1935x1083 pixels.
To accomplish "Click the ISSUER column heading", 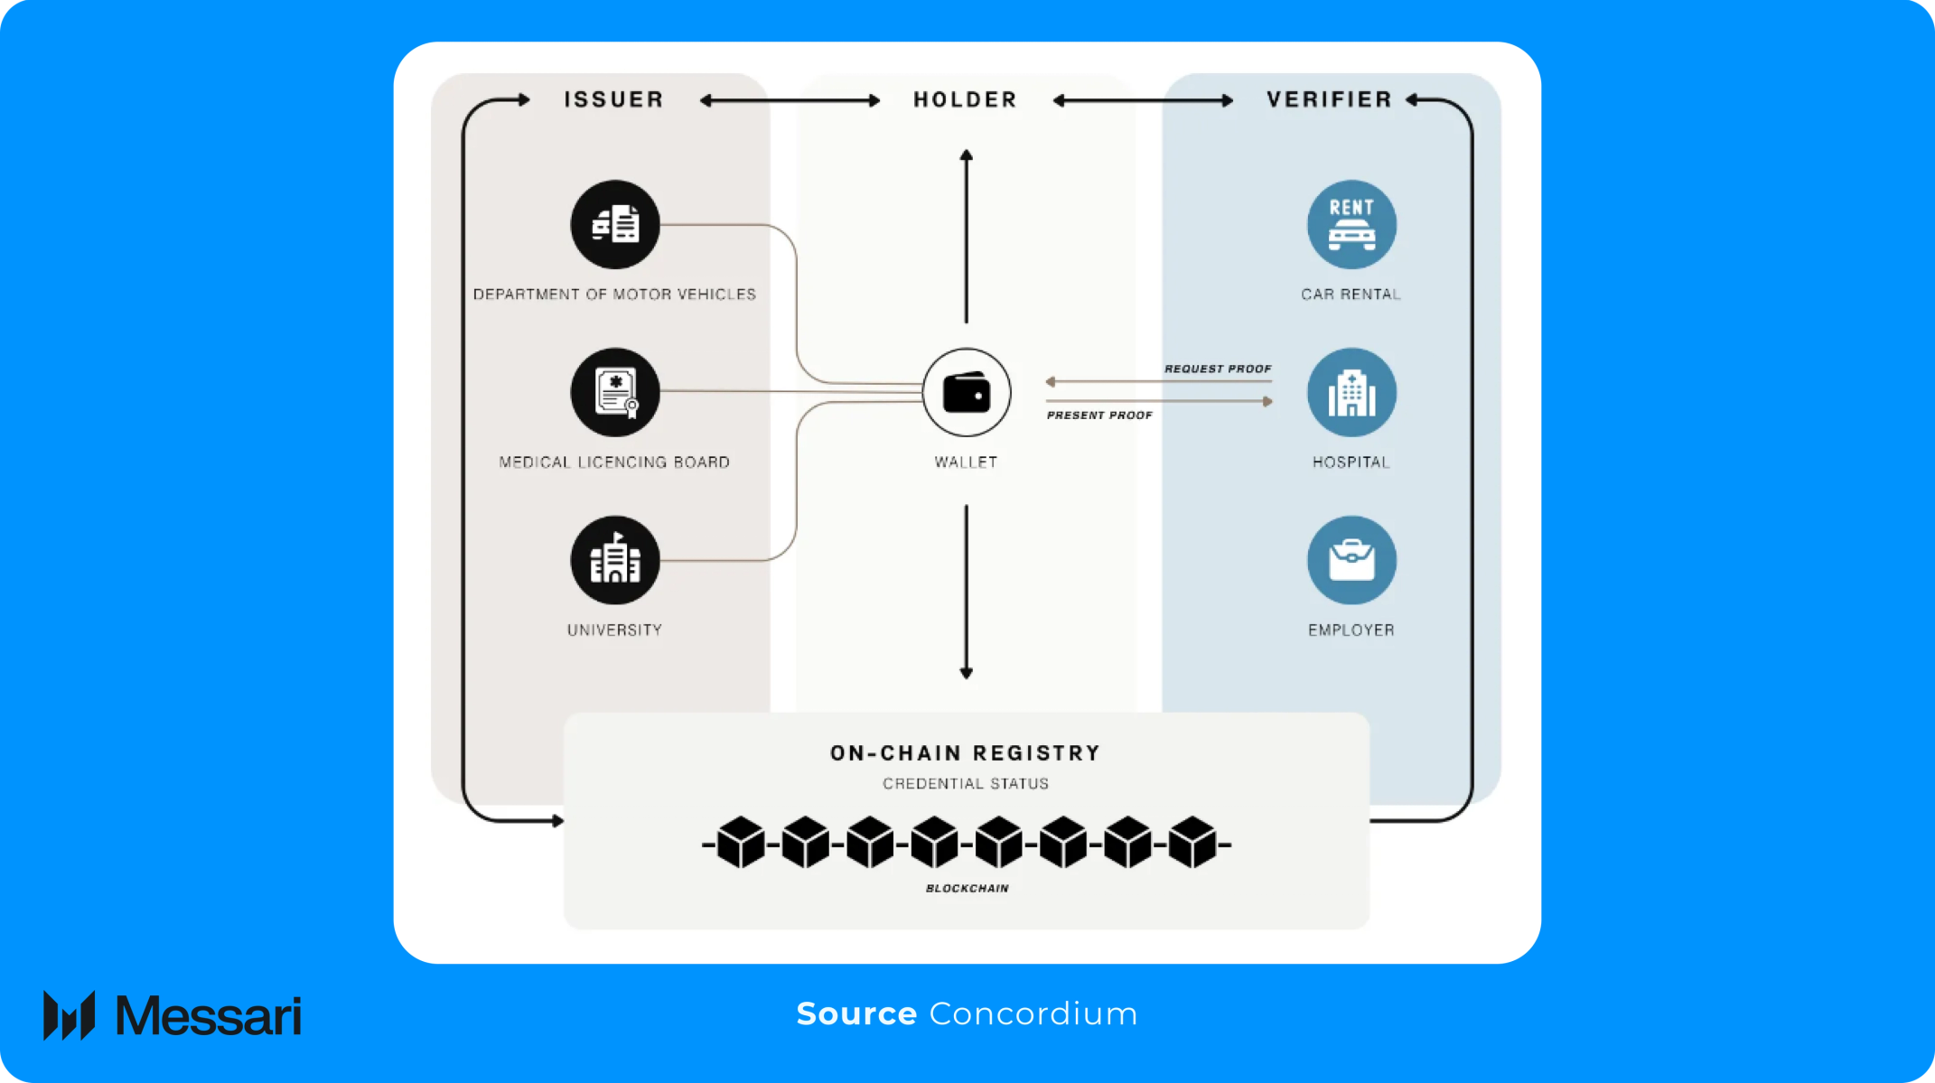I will pos(614,99).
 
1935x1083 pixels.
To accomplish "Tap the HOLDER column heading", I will pos(966,99).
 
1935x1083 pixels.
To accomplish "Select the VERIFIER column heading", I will pos(1330,99).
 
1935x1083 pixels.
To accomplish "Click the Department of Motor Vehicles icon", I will pos(615,224).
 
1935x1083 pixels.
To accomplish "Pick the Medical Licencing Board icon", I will pos(615,392).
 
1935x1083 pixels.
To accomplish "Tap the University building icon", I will pos(615,560).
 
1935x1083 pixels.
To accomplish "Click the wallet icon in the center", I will pos(967,393).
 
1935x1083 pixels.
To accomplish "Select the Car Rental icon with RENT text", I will pos(1351,224).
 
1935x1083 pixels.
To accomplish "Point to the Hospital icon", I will pos(1351,393).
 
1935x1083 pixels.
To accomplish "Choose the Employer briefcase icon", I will pos(1351,560).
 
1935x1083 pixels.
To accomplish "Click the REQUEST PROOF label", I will pos(1218,369).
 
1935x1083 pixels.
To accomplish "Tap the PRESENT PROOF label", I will pos(1099,415).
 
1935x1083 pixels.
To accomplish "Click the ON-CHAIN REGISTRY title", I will pos(966,752).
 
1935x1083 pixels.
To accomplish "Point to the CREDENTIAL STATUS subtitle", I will pos(966,783).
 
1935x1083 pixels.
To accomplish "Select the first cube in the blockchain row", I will pos(741,842).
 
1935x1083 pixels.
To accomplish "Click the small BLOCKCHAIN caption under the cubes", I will pos(967,888).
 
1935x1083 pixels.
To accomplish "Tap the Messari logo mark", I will pos(70,1015).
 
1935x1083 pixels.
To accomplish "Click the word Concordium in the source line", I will pos(1033,1013).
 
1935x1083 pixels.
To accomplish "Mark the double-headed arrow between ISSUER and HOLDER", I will pos(790,100).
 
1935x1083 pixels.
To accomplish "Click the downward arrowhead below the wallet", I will pos(967,673).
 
